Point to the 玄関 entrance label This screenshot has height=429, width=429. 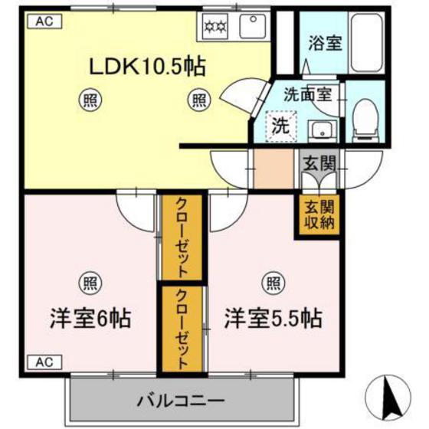click(317, 162)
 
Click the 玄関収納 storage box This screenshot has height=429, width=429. click(317, 215)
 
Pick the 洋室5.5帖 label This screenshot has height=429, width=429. click(272, 316)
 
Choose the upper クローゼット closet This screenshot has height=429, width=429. click(182, 238)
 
